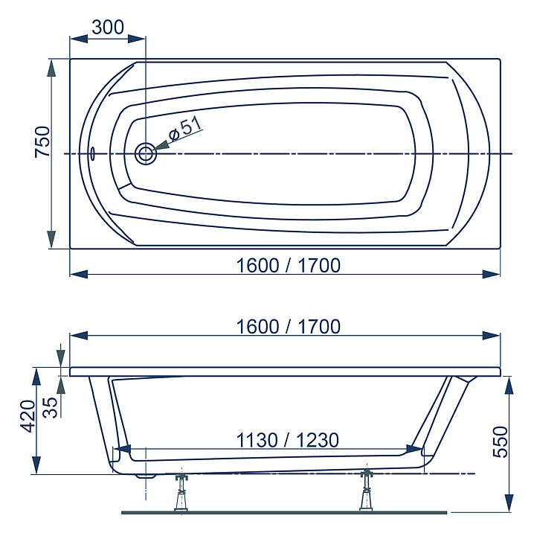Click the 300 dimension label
tap(108, 28)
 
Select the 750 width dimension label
tap(42, 142)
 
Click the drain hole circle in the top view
tap(146, 154)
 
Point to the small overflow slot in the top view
tap(92, 154)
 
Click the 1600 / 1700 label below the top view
tap(288, 266)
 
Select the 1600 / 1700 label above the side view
tap(288, 327)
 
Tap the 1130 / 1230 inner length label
tap(288, 440)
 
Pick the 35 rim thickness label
tap(51, 407)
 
